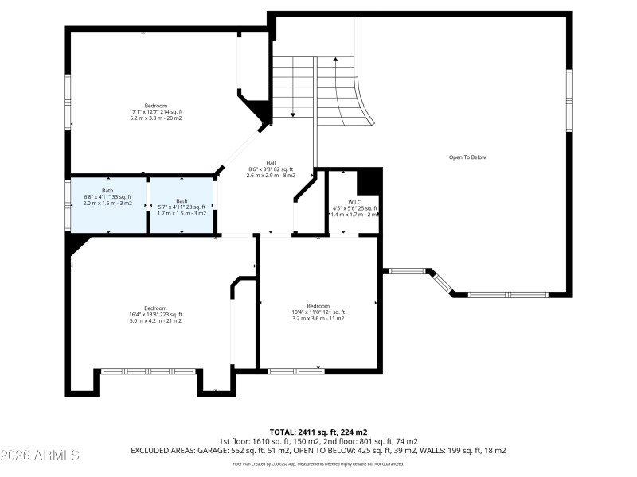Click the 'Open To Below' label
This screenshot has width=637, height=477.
tap(467, 157)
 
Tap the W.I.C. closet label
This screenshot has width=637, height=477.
tap(355, 202)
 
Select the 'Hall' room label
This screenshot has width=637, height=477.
tap(271, 162)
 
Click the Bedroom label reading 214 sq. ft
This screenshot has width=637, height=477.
tap(156, 106)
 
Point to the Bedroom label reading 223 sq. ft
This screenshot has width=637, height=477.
tap(155, 308)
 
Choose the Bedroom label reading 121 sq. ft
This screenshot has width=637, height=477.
tap(318, 306)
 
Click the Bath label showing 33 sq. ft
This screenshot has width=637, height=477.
tap(108, 201)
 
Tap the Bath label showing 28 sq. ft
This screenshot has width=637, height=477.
tap(182, 201)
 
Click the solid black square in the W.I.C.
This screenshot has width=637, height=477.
tap(369, 182)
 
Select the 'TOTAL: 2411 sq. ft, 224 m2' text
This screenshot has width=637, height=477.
tap(318, 432)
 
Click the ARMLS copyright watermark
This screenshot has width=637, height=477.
tap(40, 456)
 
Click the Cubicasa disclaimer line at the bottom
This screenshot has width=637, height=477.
tap(318, 463)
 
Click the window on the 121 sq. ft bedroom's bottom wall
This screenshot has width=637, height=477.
tap(295, 370)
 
